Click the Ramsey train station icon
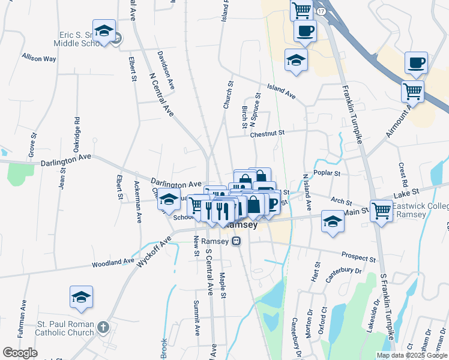tap(237, 241)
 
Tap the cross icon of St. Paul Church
tap(103, 328)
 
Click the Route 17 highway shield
tap(322, 11)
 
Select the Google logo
tap(20, 353)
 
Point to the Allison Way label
tap(39, 59)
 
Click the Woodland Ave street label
tap(113, 262)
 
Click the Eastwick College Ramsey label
tap(420, 211)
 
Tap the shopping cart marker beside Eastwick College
tap(382, 211)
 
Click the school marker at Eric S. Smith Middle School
tap(104, 32)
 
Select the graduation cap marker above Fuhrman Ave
tap(81, 297)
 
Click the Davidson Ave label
tap(166, 70)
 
